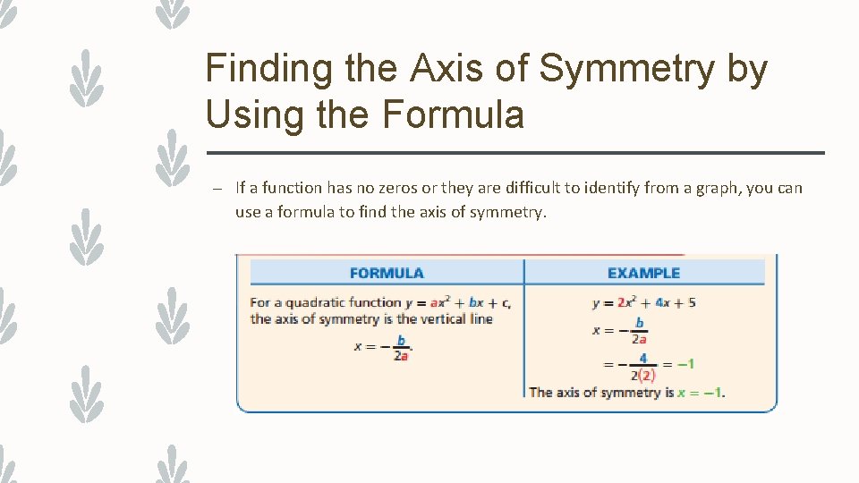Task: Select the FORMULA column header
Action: [x=387, y=273]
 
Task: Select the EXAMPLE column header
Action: [x=643, y=273]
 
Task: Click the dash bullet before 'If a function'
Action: [x=217, y=188]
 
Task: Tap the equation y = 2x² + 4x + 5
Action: [x=644, y=302]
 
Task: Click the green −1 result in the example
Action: [x=685, y=364]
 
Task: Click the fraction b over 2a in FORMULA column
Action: [x=402, y=348]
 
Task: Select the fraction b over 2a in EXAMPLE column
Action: [x=640, y=330]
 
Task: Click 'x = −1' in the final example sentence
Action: [x=701, y=393]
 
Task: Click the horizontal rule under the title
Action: [x=515, y=153]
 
